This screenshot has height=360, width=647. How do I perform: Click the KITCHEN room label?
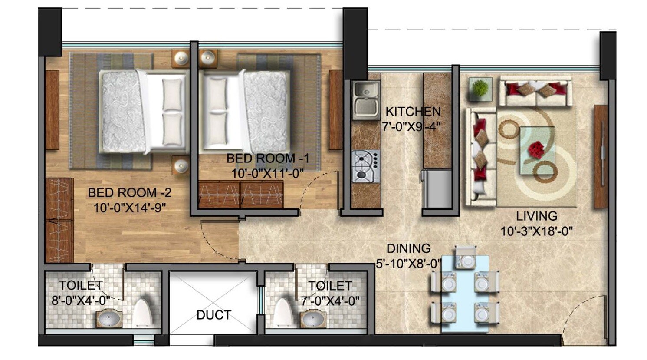(x=413, y=112)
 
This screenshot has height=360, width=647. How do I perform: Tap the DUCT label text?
(x=213, y=315)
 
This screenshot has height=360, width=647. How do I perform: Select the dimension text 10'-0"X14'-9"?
(x=130, y=208)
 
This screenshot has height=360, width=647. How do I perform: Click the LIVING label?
(x=536, y=216)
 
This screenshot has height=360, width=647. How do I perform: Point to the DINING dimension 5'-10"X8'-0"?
(x=408, y=264)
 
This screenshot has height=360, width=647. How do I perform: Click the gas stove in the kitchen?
(x=365, y=166)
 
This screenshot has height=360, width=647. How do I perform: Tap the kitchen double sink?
(x=366, y=99)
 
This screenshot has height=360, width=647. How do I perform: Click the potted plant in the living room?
(x=480, y=89)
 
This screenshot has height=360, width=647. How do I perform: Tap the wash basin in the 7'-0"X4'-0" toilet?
(x=313, y=320)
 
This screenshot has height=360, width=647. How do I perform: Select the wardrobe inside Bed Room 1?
(x=240, y=194)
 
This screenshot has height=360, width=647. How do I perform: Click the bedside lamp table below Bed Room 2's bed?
(x=180, y=166)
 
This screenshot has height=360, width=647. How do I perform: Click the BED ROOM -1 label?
(x=267, y=159)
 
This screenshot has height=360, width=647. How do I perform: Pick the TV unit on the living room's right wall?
(x=601, y=156)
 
